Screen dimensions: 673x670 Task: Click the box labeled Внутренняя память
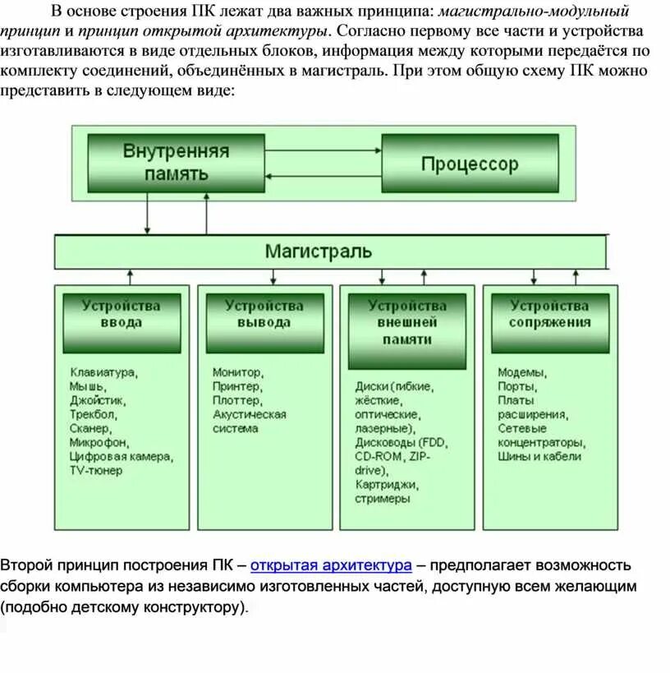click(176, 163)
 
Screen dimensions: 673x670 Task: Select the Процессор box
click(470, 164)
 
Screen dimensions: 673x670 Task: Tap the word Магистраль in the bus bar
click(319, 251)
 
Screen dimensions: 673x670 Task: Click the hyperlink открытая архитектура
click(331, 565)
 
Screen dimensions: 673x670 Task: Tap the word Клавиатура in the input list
click(103, 372)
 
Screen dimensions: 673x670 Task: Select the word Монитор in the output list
click(237, 372)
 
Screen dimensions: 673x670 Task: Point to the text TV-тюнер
click(95, 471)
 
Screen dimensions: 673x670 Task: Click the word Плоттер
click(236, 400)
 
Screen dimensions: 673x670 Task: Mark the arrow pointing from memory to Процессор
click(323, 150)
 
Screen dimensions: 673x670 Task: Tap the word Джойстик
click(98, 400)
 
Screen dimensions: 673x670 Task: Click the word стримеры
click(383, 499)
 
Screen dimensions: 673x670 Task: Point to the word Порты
click(517, 386)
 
